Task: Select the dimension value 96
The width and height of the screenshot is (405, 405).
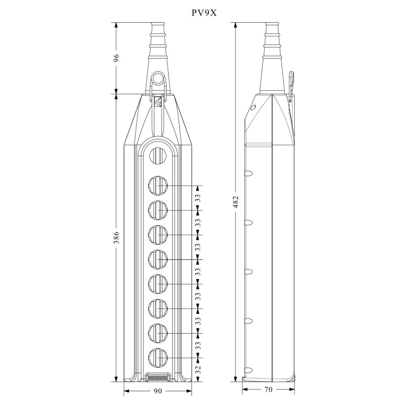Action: [116, 58]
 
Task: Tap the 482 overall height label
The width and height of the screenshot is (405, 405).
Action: [236, 201]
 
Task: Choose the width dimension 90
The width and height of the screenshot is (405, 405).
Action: [157, 390]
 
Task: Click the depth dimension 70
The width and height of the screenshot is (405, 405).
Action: [268, 389]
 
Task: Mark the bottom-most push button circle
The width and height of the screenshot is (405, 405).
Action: [158, 358]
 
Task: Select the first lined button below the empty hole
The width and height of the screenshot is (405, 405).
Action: [158, 185]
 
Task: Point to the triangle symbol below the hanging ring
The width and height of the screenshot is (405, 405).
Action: [158, 101]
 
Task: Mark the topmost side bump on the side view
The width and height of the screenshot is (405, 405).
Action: [248, 174]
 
